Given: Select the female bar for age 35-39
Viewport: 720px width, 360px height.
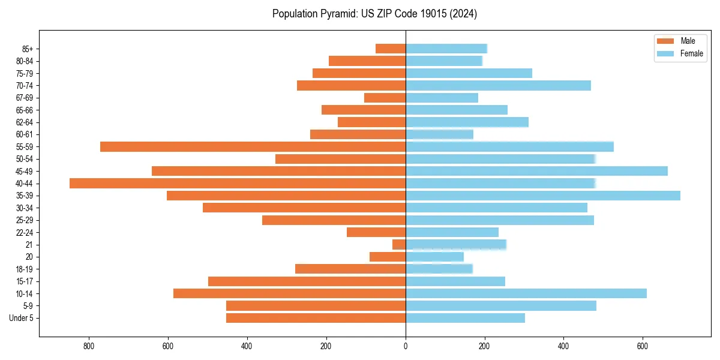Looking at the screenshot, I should point(543,196).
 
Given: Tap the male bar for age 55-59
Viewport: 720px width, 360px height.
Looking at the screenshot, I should point(253,147).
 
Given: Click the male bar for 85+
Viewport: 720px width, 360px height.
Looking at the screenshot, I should point(391,49).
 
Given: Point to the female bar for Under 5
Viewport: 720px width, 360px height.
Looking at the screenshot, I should point(466,318).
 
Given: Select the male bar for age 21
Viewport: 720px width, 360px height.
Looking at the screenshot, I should point(399,245).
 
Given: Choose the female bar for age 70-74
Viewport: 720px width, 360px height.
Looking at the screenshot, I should point(498,86).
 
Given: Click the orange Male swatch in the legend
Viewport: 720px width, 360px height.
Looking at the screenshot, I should point(665,41).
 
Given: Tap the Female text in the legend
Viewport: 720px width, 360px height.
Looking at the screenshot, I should point(691,53).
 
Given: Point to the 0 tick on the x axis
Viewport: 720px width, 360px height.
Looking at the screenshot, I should point(406,346).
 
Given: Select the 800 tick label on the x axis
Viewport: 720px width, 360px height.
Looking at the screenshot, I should point(89,346).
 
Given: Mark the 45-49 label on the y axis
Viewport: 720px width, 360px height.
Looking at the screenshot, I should point(24,172).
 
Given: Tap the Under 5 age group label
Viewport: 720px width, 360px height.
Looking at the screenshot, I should point(22,318).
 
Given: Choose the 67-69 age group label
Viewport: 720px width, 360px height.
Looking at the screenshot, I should point(24,98).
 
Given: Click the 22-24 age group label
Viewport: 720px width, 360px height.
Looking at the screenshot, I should point(24,233).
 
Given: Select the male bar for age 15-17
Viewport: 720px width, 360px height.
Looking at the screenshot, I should point(307,281).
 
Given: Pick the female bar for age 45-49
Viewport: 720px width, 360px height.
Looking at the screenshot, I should point(536,171).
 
